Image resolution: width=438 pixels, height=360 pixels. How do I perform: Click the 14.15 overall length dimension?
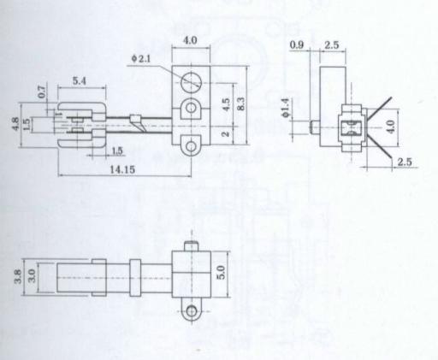click(x=122, y=170)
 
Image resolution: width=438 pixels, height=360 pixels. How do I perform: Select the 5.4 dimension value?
click(x=79, y=81)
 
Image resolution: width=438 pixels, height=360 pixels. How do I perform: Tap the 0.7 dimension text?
click(x=42, y=91)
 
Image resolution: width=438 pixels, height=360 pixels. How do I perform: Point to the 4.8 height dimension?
click(x=15, y=124)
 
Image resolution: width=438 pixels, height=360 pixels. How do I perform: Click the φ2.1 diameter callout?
click(x=141, y=59)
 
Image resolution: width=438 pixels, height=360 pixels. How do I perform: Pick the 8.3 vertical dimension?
click(x=240, y=103)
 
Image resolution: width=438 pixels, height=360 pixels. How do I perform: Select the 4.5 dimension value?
click(x=226, y=104)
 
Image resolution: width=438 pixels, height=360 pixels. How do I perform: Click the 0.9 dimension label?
click(x=297, y=44)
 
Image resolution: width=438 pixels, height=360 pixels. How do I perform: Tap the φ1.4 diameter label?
click(x=286, y=108)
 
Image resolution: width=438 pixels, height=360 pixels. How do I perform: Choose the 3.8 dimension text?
click(x=18, y=276)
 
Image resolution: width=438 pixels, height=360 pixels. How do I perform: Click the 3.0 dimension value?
click(x=32, y=275)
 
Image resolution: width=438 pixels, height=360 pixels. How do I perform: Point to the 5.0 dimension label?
click(x=222, y=272)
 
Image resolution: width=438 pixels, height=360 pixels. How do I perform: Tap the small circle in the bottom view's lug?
click(x=192, y=310)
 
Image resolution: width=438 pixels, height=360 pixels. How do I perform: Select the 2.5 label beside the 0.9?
click(x=332, y=44)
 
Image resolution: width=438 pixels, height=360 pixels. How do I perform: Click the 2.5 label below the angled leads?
click(x=405, y=162)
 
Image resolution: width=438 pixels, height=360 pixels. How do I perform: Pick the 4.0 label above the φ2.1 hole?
click(x=190, y=40)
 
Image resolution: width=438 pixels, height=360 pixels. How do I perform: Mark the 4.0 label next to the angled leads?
click(x=391, y=127)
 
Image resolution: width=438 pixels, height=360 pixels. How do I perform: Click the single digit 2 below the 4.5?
click(x=226, y=133)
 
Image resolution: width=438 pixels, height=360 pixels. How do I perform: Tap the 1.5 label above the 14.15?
click(x=117, y=150)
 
